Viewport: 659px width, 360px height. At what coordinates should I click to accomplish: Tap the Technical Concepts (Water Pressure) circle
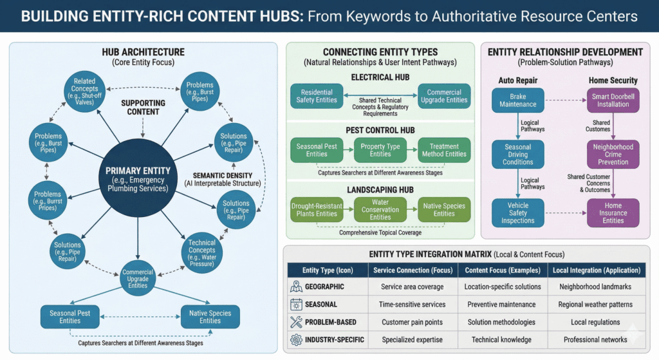202,251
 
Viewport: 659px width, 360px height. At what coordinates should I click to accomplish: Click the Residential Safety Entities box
317,96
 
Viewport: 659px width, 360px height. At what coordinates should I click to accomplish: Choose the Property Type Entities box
380,150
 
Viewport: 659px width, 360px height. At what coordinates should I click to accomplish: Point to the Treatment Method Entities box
444,150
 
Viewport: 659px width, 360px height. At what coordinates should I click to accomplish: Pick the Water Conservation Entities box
380,209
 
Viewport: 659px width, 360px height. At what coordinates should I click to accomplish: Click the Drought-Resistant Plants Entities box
317,209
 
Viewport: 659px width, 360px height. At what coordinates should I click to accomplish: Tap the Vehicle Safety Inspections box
517,213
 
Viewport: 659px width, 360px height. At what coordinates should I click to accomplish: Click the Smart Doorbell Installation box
613,100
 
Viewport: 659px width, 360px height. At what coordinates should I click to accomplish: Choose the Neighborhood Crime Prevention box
613,155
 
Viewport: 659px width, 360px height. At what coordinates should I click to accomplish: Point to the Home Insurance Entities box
613,213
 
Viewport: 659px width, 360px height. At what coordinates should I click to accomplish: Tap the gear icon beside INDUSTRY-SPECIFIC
296,339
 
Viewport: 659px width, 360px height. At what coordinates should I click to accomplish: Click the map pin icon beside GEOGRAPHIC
296,287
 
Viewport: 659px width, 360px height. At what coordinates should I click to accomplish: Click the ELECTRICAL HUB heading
380,77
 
